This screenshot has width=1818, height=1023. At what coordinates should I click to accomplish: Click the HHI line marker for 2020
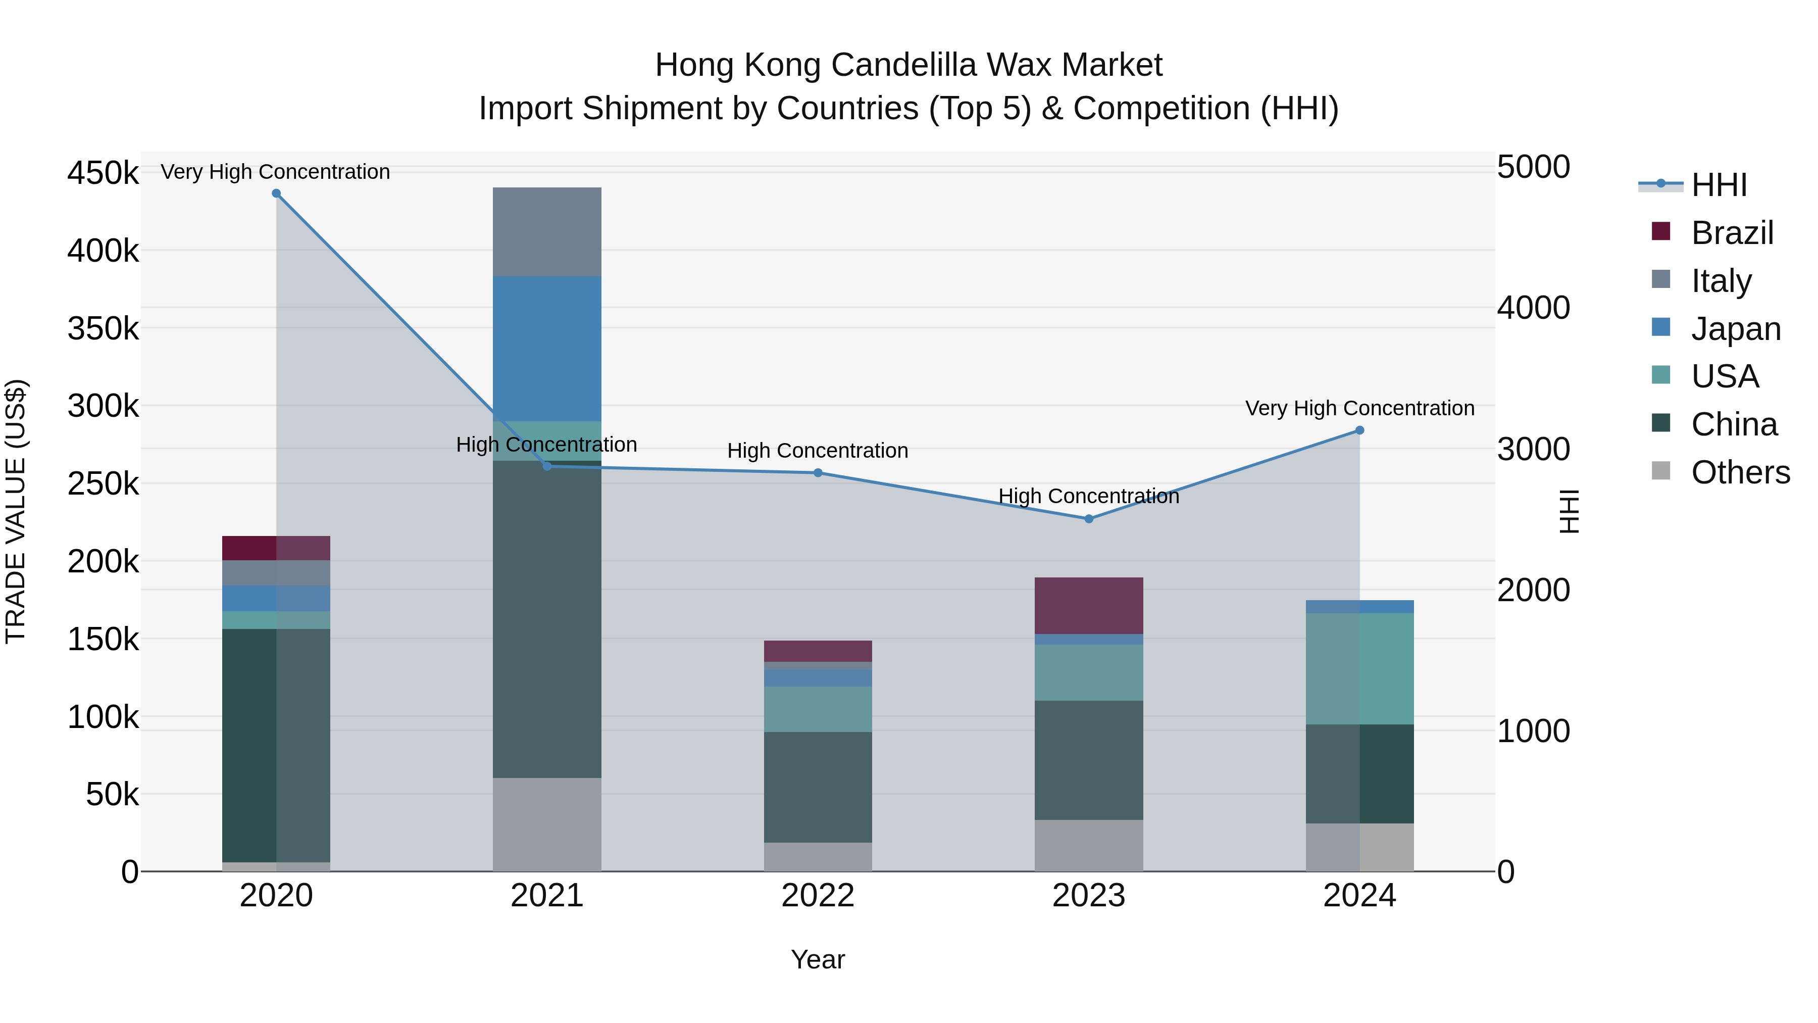click(x=276, y=193)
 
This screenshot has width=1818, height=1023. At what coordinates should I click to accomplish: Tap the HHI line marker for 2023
click(x=1088, y=519)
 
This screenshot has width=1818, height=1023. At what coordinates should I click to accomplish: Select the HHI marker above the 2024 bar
click(x=1359, y=430)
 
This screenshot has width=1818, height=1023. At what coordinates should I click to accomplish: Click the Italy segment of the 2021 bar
click(x=546, y=231)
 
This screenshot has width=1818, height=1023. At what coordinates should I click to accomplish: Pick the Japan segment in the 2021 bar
click(x=546, y=348)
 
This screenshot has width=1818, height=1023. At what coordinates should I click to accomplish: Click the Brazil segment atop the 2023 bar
click(x=1088, y=605)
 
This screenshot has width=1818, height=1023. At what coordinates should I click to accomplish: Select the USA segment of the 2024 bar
click(x=1359, y=668)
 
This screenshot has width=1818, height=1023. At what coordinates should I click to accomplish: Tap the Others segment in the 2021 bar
click(x=546, y=824)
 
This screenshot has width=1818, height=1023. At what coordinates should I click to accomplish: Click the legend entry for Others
click(x=1740, y=472)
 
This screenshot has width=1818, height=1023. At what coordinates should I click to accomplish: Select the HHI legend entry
click(x=1719, y=185)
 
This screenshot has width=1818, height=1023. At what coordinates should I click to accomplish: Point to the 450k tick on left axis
click(x=103, y=173)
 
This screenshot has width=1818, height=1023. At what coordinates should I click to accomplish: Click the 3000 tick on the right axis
click(x=1533, y=449)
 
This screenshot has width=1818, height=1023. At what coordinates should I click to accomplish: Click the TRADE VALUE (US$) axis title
click(x=16, y=511)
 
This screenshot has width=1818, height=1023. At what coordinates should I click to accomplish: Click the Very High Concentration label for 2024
click(x=1359, y=408)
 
